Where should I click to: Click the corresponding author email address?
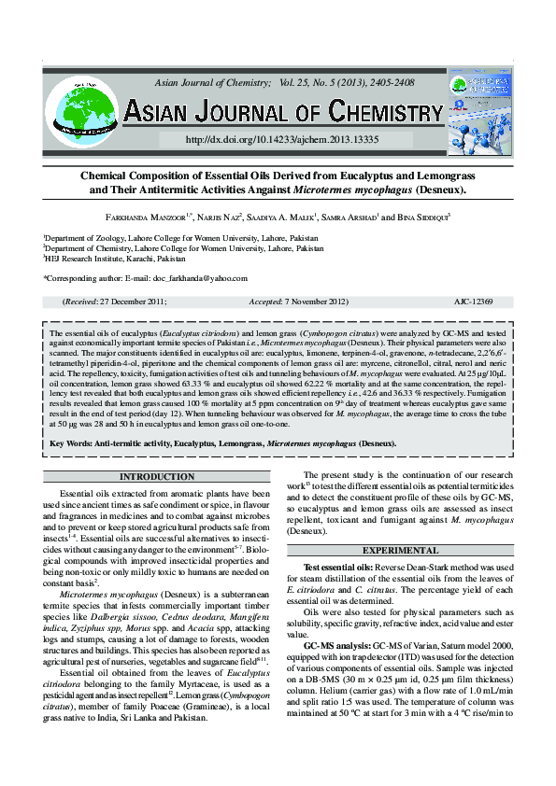(x=201, y=278)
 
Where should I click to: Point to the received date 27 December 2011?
(x=128, y=302)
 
